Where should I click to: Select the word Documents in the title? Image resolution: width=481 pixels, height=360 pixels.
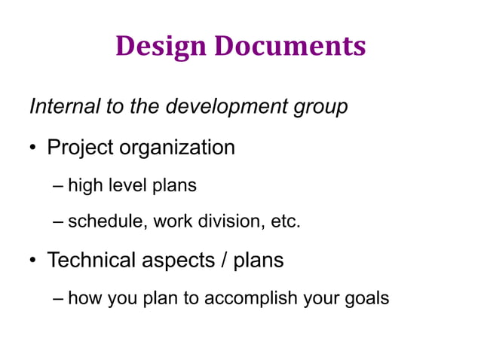290,47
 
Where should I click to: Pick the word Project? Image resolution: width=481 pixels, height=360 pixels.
80,148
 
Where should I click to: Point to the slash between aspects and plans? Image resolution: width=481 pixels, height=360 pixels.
223,261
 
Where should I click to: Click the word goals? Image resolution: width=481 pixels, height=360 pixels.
364,299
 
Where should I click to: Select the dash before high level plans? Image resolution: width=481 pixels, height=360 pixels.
60,185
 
